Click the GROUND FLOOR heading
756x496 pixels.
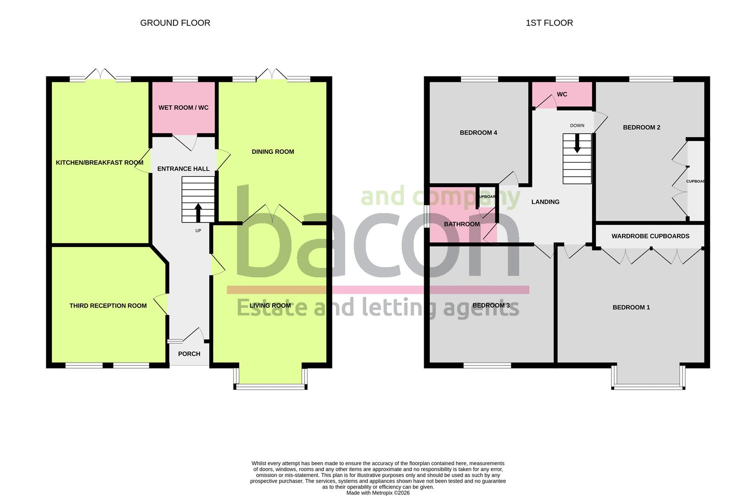[x=175, y=23]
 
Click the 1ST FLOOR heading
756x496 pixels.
[x=549, y=23]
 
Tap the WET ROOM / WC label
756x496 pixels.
[x=183, y=107]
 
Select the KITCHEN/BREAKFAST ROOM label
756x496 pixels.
[x=100, y=163]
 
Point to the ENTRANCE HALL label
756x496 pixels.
[x=183, y=169]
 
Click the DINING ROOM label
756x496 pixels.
[x=273, y=152]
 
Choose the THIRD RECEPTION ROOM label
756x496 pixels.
[x=108, y=305]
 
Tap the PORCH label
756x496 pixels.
[x=189, y=354]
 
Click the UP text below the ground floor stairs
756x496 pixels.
[x=198, y=231]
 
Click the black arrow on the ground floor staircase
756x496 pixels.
[x=198, y=213]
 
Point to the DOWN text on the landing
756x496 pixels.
[x=577, y=125]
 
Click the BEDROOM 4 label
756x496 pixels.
[x=478, y=133]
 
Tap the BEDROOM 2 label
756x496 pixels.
[x=641, y=127]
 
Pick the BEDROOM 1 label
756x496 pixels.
[x=631, y=307]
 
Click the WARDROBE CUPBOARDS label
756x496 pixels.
[x=650, y=236]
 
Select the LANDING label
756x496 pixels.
[x=545, y=202]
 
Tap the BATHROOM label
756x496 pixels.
[x=462, y=224]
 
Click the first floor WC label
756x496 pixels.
[x=562, y=94]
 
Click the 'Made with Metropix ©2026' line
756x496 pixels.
[x=378, y=493]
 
